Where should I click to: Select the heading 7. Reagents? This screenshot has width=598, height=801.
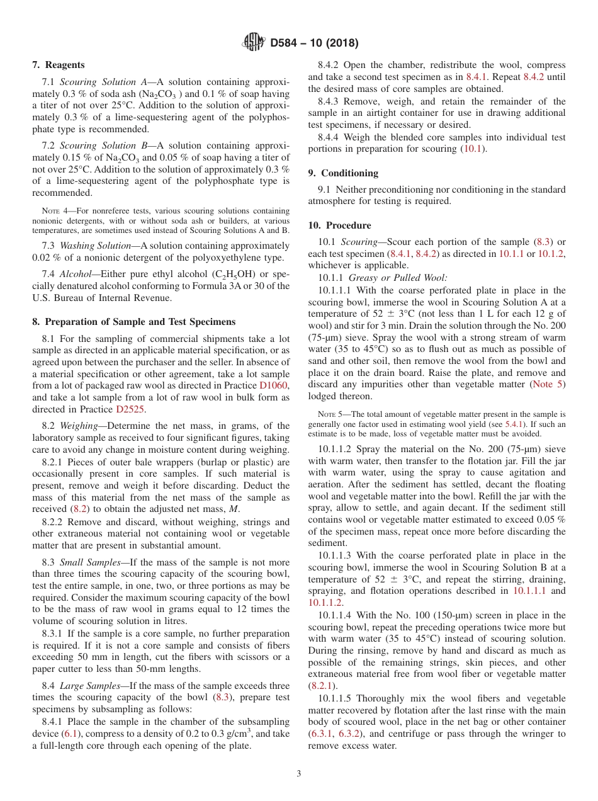pyautogui.click(x=58, y=65)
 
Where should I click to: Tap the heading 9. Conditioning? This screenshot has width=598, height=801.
pyautogui.click(x=343, y=173)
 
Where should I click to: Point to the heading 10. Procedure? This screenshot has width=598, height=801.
pyautogui.click(x=339, y=225)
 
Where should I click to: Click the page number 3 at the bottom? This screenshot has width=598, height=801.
pyautogui.click(x=298, y=774)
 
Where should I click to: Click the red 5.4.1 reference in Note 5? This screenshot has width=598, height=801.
pyautogui.click(x=514, y=424)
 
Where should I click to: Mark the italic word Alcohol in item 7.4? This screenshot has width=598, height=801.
pyautogui.click(x=74, y=275)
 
